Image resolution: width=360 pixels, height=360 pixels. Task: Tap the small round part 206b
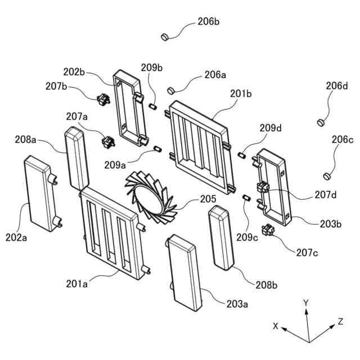165,37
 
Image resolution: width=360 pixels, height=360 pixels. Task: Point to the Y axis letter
306,303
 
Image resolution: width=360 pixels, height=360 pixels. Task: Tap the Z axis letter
340,321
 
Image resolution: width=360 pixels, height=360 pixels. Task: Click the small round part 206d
321,121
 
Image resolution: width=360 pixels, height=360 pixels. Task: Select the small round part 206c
328,173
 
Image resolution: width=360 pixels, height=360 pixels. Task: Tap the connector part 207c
268,231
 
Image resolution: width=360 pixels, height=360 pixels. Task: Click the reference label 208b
267,285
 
